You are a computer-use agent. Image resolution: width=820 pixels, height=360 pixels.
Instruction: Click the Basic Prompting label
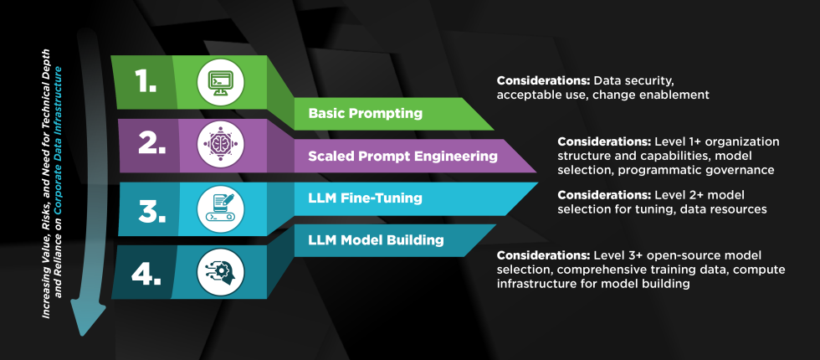pyautogui.click(x=364, y=112)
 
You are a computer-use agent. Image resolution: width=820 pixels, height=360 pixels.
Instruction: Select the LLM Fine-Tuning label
pyautogui.click(x=364, y=198)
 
